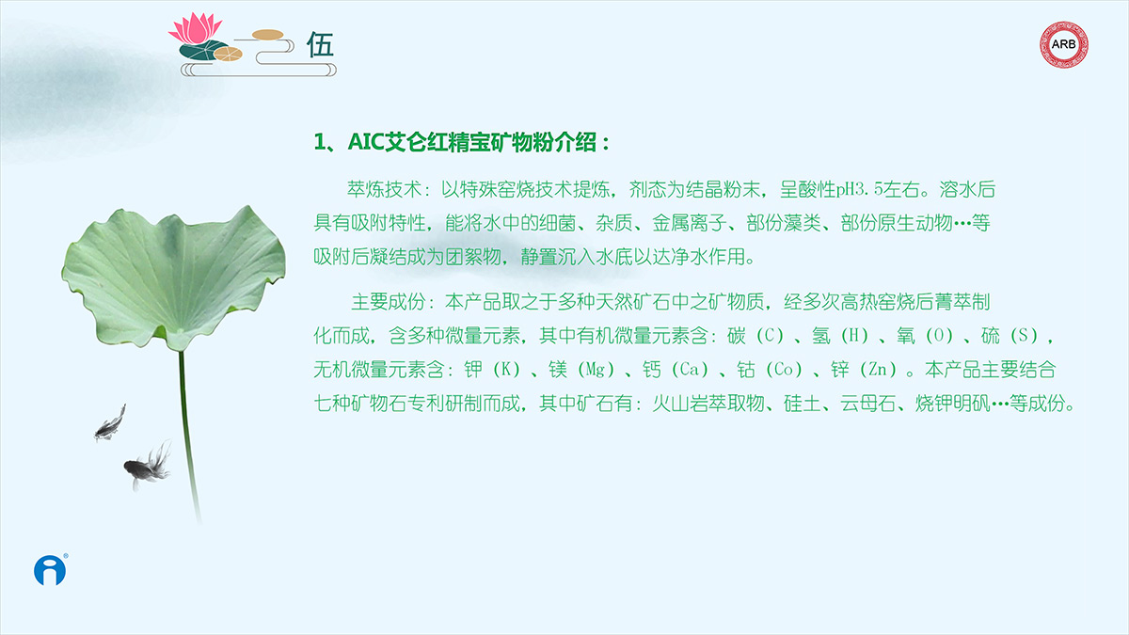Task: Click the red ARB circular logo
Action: [x=1063, y=44]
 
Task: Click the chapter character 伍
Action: [x=320, y=44]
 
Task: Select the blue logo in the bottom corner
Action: [x=50, y=570]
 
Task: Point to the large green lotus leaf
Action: [x=174, y=278]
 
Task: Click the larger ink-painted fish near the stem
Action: [x=148, y=467]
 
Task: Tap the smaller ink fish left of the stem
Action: [x=110, y=423]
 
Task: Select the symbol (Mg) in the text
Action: [x=596, y=370]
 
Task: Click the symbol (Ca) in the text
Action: [x=690, y=370]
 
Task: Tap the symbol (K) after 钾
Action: [x=506, y=370]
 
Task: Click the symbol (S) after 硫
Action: [x=1024, y=336]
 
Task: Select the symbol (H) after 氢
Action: [x=854, y=336]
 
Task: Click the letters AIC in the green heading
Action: [x=366, y=142]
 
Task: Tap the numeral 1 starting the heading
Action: [x=319, y=142]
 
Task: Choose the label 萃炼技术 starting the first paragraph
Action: [x=384, y=189]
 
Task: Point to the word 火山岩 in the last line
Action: [x=680, y=404]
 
